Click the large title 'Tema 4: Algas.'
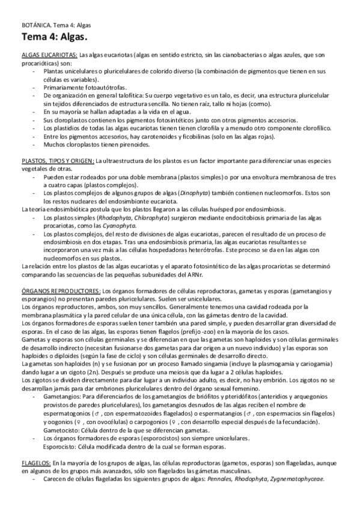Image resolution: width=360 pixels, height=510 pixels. pyautogui.click(x=52, y=38)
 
